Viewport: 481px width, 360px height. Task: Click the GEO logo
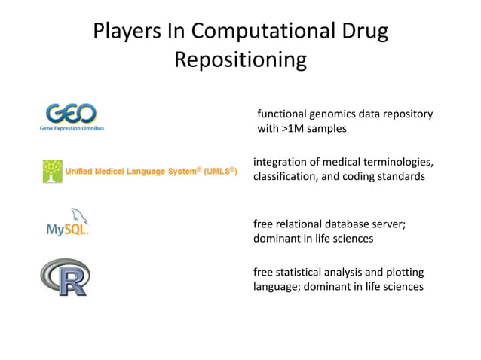click(71, 114)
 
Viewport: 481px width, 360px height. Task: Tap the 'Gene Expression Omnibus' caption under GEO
click(72, 129)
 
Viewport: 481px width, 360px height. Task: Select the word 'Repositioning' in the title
click(240, 59)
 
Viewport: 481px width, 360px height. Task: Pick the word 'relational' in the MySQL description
click(302, 224)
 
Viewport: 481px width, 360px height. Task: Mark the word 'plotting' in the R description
click(403, 272)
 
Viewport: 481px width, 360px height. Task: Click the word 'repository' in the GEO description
click(407, 114)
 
